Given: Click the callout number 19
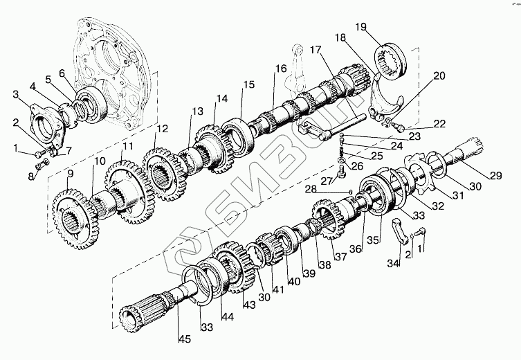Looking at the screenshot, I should pos(360,27).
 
